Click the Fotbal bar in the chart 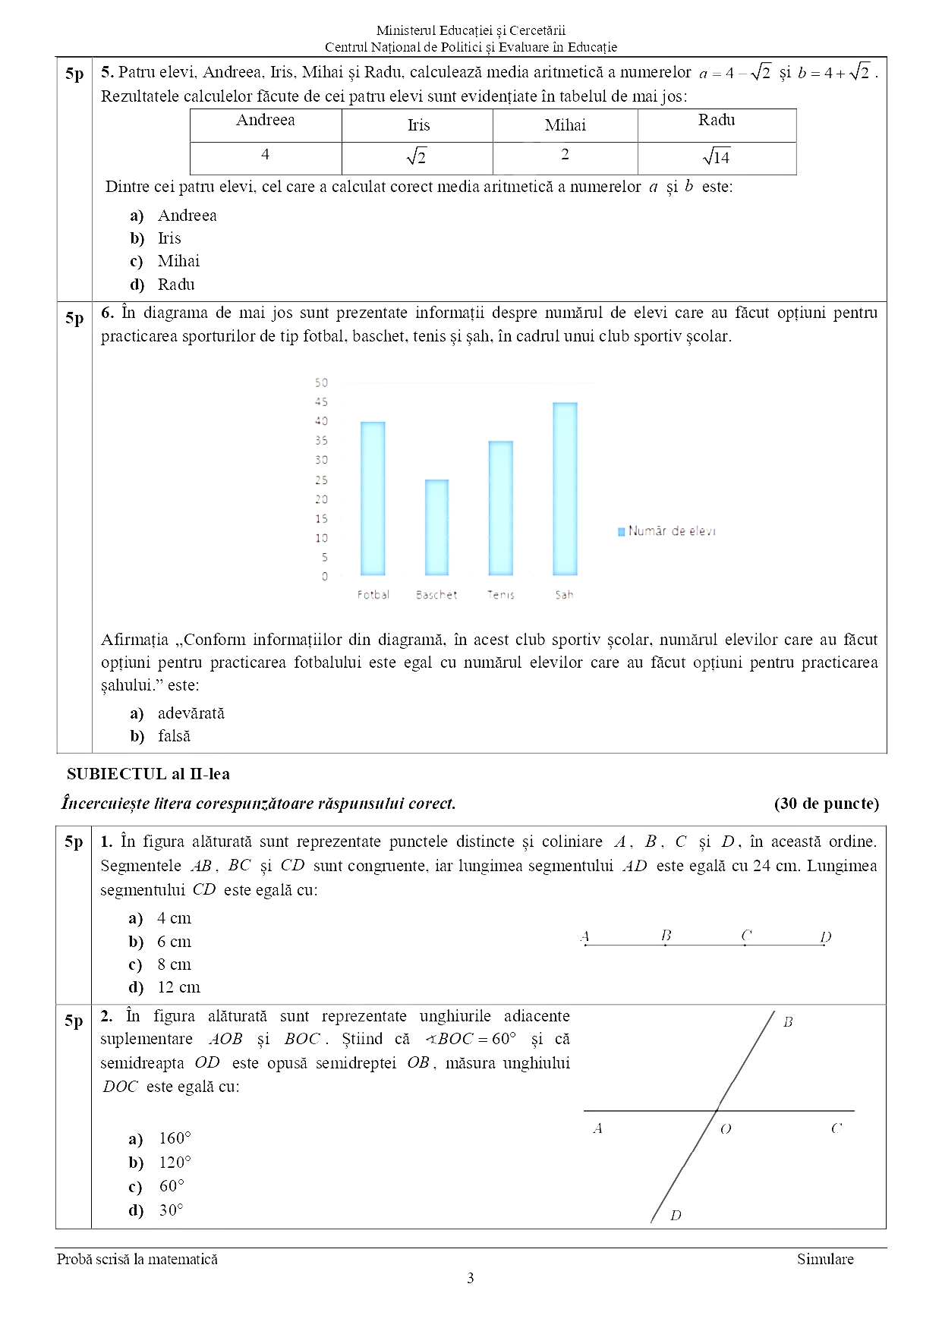click(x=373, y=498)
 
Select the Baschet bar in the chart click(x=436, y=527)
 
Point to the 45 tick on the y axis click(x=322, y=402)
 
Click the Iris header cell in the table click(x=418, y=125)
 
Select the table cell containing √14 click(x=716, y=158)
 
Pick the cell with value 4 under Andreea click(x=265, y=155)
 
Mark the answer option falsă click(x=174, y=736)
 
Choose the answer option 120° click(x=175, y=1163)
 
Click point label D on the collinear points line click(x=826, y=936)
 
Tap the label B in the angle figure click(x=788, y=1022)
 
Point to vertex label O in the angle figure click(x=726, y=1129)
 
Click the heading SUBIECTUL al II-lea click(x=148, y=774)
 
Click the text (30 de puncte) click(x=826, y=804)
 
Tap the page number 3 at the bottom click(x=471, y=1278)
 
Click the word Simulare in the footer click(x=824, y=1259)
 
